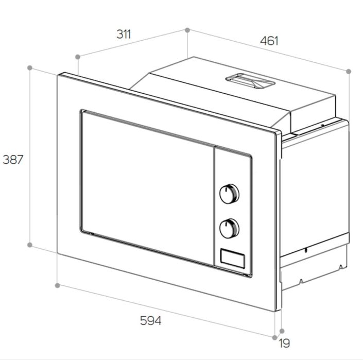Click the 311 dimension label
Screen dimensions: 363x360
[x=124, y=35]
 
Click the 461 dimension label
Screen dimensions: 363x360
[x=269, y=41]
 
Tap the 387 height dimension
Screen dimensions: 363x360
[x=13, y=160]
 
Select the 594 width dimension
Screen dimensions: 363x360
[x=150, y=321]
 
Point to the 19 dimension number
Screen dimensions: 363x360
[x=284, y=343]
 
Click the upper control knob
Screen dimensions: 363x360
[x=229, y=194]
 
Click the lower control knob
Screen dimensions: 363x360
[x=229, y=228]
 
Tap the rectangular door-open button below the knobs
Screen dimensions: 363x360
[x=232, y=259]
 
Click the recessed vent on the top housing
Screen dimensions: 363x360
[x=250, y=81]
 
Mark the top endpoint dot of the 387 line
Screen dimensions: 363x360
[x=30, y=68]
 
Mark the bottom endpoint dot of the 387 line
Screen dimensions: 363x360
[x=30, y=245]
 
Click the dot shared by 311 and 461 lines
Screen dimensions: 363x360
[x=187, y=30]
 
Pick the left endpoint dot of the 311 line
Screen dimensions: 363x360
[x=78, y=57]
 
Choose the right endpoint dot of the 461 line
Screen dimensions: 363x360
[x=349, y=71]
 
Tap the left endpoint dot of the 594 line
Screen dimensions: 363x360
[x=58, y=285]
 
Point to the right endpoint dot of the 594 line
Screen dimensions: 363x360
[x=275, y=337]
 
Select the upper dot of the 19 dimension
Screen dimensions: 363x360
[x=282, y=331]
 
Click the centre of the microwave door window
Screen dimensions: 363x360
[x=147, y=187]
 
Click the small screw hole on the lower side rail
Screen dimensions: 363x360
[x=306, y=250]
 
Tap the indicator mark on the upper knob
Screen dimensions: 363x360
[x=225, y=191]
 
